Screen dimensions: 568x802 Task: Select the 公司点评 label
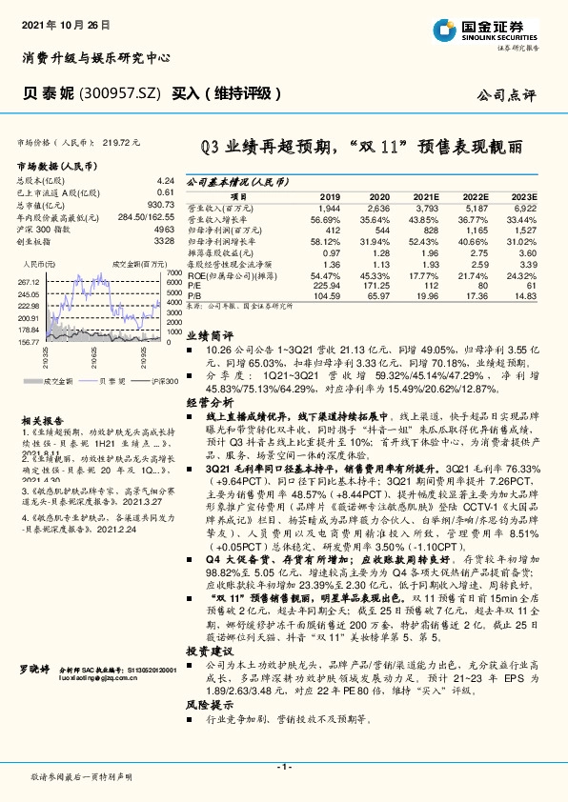coord(506,95)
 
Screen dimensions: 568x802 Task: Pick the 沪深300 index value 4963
coord(163,230)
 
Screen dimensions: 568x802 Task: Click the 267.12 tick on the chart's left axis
coord(29,282)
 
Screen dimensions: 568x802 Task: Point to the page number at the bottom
coord(284,767)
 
